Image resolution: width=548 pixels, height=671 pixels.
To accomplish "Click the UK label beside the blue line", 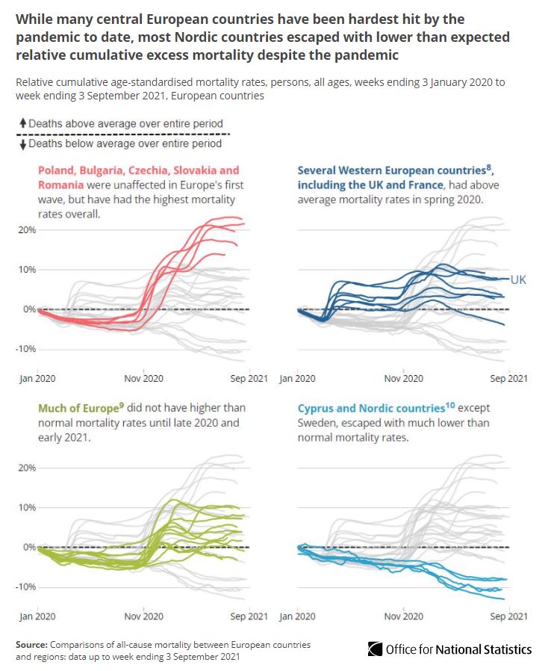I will coord(519,279).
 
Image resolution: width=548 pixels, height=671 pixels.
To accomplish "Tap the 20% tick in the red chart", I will coord(27,229).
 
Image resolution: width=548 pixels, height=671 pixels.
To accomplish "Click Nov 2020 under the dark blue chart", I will coord(404,378).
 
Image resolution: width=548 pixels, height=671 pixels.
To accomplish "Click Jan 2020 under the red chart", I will coord(37,378).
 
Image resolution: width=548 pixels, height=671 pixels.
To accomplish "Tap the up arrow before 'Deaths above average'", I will coord(23,123).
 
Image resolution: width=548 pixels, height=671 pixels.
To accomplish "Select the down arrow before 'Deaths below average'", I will coord(23,143).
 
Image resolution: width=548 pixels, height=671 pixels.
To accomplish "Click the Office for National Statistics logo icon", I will coord(375,649).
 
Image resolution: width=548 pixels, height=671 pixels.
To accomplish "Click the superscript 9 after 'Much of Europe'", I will coord(123,405).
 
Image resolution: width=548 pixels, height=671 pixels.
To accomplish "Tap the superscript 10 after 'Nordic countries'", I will coord(450,405).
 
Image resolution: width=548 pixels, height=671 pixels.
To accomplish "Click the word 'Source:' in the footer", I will coord(32,643).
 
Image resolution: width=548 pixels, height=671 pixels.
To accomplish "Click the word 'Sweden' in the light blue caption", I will coord(317,423).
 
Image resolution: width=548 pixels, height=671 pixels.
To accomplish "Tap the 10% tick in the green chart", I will coord(27,507).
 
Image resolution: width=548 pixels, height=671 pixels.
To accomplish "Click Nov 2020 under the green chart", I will coord(143,616).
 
